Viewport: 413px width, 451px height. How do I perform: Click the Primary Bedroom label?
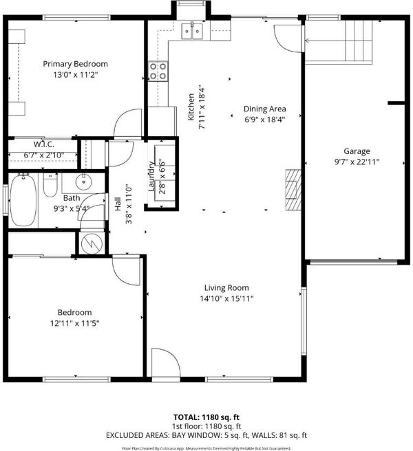[76, 64]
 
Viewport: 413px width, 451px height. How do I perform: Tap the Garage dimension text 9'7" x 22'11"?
[357, 162]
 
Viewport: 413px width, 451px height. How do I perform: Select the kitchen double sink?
[192, 31]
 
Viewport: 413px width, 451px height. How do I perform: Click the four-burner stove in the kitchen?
[158, 71]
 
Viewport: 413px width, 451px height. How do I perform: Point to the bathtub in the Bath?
[23, 200]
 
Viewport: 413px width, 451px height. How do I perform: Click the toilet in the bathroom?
[50, 185]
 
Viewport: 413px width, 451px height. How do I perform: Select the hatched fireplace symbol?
[293, 190]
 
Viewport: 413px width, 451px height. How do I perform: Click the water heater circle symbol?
[92, 243]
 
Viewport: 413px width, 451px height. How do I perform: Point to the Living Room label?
[226, 287]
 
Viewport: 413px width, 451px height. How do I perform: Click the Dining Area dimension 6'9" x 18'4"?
[265, 120]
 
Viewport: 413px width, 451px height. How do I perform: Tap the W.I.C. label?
[44, 144]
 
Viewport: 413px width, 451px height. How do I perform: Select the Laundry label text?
[151, 176]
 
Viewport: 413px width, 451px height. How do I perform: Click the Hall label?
[118, 204]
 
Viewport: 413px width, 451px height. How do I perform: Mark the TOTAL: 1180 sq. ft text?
[206, 417]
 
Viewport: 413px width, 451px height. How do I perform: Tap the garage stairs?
[359, 41]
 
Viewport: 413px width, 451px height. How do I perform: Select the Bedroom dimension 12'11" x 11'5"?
[74, 323]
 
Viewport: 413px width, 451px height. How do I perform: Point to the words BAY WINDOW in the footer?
[195, 435]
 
